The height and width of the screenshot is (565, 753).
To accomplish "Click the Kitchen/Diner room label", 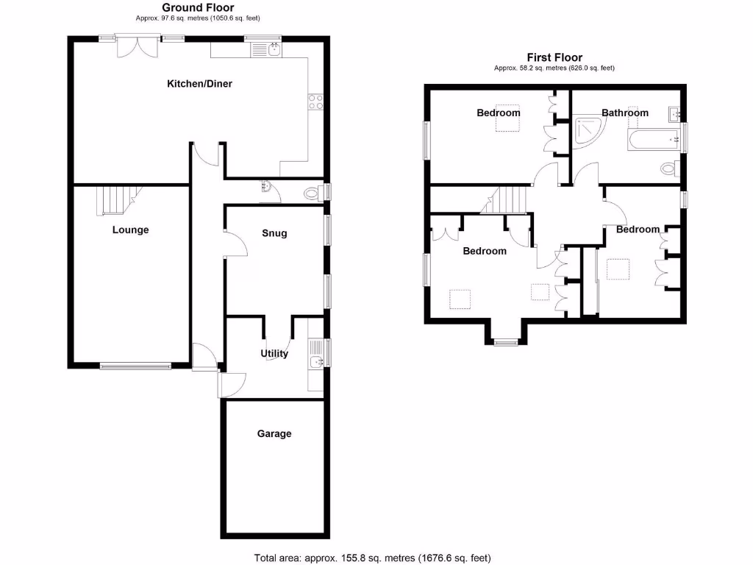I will click(x=199, y=84).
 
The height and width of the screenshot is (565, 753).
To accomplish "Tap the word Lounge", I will click(x=130, y=230).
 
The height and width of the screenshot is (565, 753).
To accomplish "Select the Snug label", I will click(x=274, y=233).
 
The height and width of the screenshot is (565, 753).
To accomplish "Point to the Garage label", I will click(x=274, y=433).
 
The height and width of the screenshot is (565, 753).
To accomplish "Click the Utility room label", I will click(x=274, y=354).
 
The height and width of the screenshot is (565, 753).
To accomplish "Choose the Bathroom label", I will click(x=625, y=113).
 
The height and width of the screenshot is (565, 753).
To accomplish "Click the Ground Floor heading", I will click(x=198, y=8).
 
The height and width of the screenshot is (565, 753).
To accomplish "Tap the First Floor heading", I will click(x=554, y=57).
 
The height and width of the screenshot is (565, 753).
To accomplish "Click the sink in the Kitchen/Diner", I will click(x=274, y=50).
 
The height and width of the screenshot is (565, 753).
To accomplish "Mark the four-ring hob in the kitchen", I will click(x=316, y=102).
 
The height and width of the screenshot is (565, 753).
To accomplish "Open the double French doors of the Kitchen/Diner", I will click(x=138, y=46).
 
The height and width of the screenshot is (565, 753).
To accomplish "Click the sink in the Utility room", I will click(x=316, y=361).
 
